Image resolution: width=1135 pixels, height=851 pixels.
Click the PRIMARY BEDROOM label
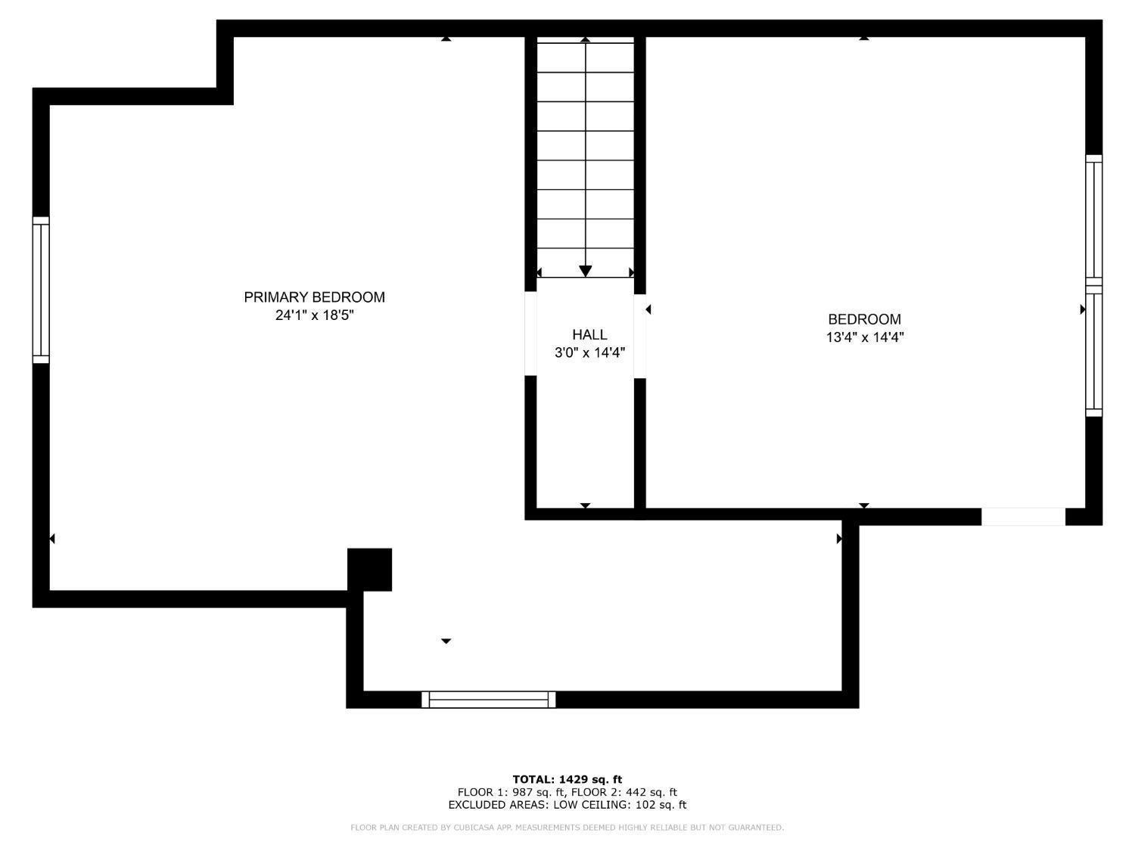[x=314, y=297]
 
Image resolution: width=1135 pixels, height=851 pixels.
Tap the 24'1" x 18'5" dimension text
[x=314, y=315]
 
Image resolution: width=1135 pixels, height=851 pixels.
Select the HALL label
[x=589, y=334]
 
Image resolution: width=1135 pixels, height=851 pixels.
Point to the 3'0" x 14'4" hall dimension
[x=589, y=353]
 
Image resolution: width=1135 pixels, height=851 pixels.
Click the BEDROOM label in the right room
[x=864, y=319]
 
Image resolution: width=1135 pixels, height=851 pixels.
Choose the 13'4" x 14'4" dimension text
[x=864, y=337]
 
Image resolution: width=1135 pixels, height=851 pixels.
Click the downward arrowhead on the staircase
[x=585, y=271]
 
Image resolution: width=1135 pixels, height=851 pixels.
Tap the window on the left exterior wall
[x=41, y=290]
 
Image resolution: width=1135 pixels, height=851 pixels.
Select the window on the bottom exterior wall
[x=488, y=700]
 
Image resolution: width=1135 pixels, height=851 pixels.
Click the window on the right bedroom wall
[x=1093, y=285]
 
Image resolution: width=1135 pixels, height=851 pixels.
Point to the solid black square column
[x=369, y=569]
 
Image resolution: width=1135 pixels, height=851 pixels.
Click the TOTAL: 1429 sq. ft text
[x=567, y=779]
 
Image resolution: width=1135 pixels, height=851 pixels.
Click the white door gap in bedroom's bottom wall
[x=1023, y=517]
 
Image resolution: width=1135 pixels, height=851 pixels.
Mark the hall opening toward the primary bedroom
[x=530, y=334]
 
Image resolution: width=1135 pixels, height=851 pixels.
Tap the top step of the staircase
[x=585, y=57]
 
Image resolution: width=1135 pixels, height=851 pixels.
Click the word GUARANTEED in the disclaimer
[x=756, y=828]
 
